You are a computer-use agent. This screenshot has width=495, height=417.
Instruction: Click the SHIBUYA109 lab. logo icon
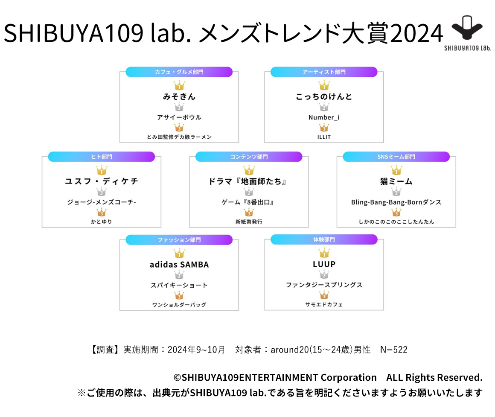[x=467, y=30]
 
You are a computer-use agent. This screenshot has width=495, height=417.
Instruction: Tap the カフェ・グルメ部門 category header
[x=179, y=72]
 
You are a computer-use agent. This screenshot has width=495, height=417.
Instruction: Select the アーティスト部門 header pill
[x=324, y=72]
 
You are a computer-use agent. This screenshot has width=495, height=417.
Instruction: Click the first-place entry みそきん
[x=179, y=97]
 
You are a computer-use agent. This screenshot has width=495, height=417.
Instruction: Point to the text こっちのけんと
[x=324, y=97]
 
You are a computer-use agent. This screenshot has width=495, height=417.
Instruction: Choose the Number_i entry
[x=324, y=117]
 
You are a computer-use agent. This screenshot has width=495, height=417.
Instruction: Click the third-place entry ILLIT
[x=324, y=137]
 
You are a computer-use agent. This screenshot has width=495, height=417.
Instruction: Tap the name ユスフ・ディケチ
[x=102, y=181]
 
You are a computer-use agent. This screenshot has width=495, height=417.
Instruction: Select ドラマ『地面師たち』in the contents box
[x=249, y=181]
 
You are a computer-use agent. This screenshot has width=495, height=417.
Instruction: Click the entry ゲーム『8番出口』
[x=249, y=202]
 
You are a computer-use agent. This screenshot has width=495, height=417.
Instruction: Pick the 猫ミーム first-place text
[x=396, y=181]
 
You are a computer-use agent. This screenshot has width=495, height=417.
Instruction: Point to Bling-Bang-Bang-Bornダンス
[x=396, y=202]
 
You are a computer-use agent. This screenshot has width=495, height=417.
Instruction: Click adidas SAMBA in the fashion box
[x=179, y=265]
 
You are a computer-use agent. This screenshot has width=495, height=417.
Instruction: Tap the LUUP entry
[x=324, y=265]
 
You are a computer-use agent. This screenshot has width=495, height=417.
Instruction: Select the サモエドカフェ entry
[x=324, y=305]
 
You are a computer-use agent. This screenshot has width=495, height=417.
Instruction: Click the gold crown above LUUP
[x=324, y=253]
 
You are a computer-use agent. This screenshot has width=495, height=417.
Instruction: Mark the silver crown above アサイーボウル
[x=179, y=107]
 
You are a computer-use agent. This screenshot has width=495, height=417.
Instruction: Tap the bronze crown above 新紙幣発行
[x=249, y=212]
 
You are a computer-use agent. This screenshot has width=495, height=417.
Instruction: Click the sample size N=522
[x=393, y=350]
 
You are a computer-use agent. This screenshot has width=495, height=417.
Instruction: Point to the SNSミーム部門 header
[x=396, y=157]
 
